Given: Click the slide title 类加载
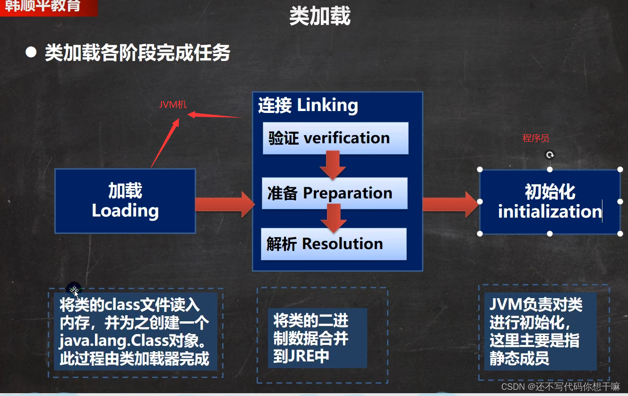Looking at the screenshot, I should pos(320,17).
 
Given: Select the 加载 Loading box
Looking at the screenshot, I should pos(125,201).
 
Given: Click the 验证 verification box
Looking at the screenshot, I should pos(336,138).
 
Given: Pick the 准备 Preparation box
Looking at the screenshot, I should pos(335,193).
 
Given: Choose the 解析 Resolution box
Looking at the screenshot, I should pos(334,244).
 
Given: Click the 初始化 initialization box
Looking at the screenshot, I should pos(550,202).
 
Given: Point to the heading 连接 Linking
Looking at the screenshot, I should pos(308,105).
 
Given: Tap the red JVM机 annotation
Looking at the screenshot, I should pos(172,104).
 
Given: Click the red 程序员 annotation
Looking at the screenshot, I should pos(536,138).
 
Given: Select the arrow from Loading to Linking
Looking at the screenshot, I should pos(224,204).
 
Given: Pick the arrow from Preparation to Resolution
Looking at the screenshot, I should pos(333,218).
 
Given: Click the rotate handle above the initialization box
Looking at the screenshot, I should pos(550,155).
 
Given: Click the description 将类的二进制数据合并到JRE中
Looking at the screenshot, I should pos(311,339).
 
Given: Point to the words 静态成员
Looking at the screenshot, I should pos(519,358).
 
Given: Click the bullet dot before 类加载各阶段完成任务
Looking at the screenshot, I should pos(31,52).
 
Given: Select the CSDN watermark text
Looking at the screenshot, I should pos(560,386).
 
